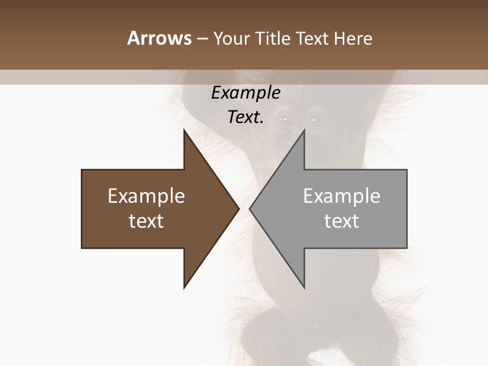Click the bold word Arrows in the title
click(x=159, y=38)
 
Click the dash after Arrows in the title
click(x=202, y=39)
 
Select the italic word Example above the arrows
click(x=246, y=93)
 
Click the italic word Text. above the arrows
click(x=246, y=117)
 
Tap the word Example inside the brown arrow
click(x=146, y=196)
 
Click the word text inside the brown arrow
click(x=146, y=221)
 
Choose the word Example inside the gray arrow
click(x=342, y=196)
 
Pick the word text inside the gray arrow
click(x=342, y=221)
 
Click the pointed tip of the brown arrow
click(x=238, y=208)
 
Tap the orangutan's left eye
click(x=285, y=120)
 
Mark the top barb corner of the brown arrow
click(x=184, y=130)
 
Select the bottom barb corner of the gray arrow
click(x=304, y=288)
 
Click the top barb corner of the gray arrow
click(x=304, y=130)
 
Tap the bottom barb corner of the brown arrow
click(x=184, y=288)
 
